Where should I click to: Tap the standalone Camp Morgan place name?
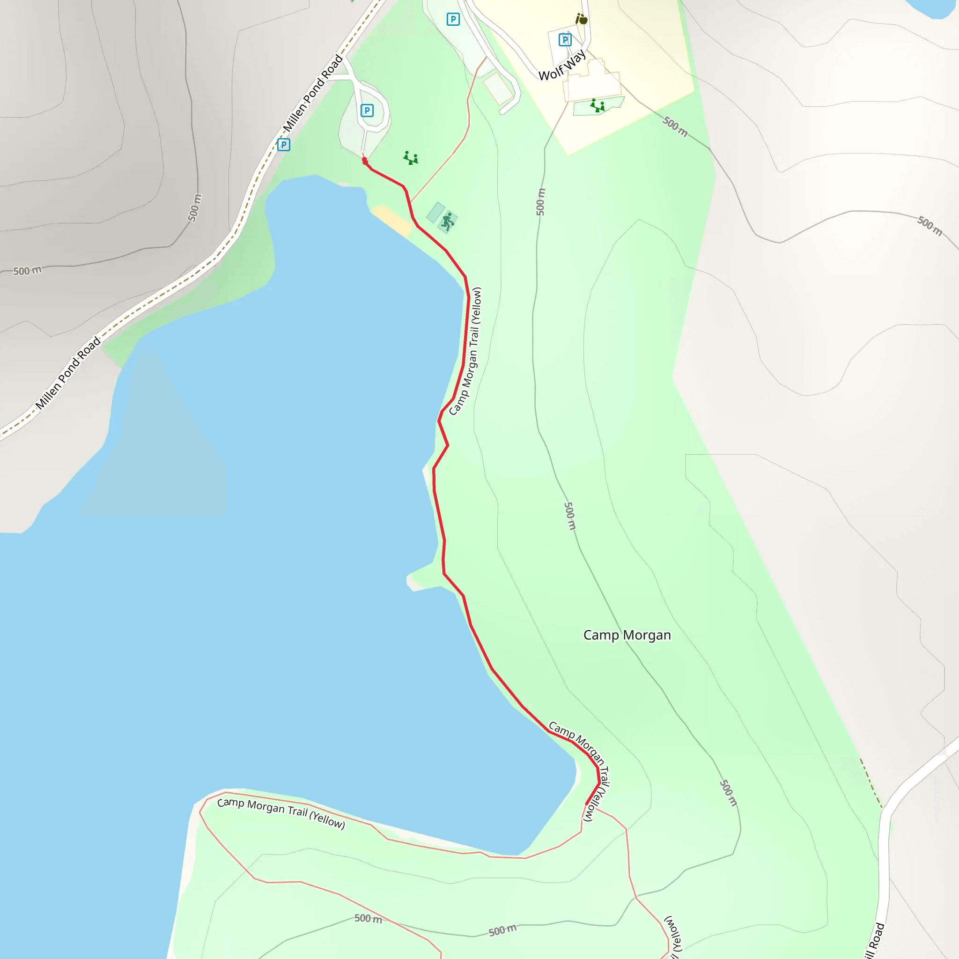(x=627, y=635)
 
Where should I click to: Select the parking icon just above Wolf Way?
(x=565, y=40)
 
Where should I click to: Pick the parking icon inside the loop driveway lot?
(x=367, y=110)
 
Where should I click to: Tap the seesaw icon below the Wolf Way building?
(x=597, y=106)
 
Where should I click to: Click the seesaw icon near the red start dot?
(x=411, y=158)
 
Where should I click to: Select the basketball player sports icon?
(x=448, y=222)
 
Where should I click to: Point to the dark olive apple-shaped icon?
(x=581, y=19)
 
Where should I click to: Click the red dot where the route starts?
(x=365, y=160)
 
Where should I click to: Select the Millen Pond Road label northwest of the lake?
(x=68, y=373)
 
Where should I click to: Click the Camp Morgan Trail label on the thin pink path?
(x=281, y=813)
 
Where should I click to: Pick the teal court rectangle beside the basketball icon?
(x=435, y=213)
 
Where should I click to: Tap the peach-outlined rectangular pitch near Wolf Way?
(x=498, y=89)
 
